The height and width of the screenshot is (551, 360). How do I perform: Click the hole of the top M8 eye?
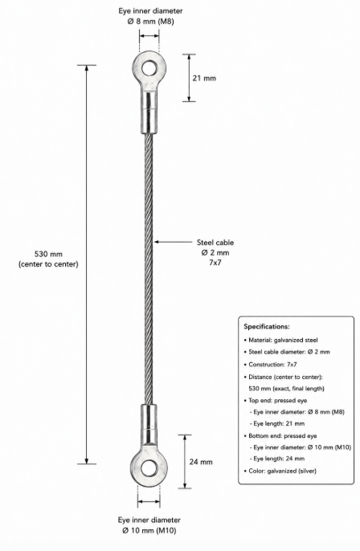(149, 67)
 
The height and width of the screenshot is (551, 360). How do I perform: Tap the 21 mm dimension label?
(204, 78)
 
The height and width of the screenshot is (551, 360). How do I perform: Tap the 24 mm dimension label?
(201, 462)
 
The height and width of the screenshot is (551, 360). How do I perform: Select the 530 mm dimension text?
(48, 254)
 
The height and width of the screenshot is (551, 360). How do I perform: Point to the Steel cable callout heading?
(215, 243)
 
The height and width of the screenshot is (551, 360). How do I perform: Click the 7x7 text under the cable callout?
(215, 263)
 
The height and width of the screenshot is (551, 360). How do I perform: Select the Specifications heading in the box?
(267, 326)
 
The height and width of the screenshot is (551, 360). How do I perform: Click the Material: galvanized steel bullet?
(281, 340)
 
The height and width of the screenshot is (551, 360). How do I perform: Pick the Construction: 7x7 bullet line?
(270, 365)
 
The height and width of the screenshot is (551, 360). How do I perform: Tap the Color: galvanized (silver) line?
(280, 471)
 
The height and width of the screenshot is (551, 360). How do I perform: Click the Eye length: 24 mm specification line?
(277, 458)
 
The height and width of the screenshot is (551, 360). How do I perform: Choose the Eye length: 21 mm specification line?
(277, 423)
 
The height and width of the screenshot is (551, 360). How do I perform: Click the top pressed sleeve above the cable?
(149, 110)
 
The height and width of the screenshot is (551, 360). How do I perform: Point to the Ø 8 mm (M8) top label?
(150, 22)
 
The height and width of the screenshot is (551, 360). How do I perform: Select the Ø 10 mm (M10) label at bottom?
(149, 530)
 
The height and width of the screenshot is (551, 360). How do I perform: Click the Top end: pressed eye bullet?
(276, 400)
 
